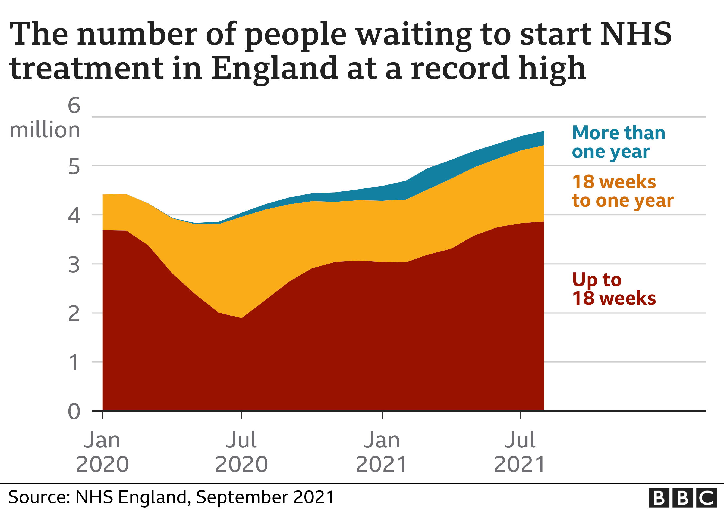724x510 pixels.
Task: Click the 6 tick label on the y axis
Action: [74, 106]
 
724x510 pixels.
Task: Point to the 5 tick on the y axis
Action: [74, 167]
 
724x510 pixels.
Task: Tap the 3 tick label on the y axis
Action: [74, 265]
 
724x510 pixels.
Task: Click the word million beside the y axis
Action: [45, 130]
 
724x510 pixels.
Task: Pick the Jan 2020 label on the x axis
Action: [102, 452]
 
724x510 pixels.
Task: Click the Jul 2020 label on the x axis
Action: [241, 452]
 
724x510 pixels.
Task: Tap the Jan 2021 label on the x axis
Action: [382, 452]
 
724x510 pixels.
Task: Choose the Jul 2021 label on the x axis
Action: [520, 452]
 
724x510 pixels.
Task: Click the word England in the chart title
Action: [274, 68]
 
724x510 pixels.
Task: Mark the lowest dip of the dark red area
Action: [241, 318]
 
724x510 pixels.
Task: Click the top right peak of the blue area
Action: [544, 131]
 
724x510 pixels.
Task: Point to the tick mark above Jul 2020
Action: [241, 415]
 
